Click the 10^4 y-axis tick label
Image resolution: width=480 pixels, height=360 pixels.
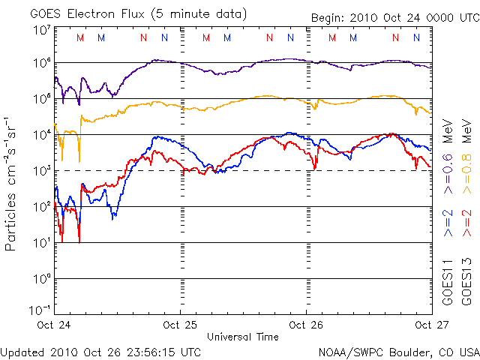[41, 135]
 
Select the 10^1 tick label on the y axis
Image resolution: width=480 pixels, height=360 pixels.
[41, 242]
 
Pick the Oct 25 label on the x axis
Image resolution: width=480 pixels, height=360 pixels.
[181, 325]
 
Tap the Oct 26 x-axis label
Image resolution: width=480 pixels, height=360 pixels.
[306, 325]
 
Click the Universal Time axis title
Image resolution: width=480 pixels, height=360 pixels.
[242, 337]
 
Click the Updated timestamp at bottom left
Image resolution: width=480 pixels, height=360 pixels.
[100, 351]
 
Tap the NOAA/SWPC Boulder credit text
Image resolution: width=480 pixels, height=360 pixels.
[398, 351]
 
